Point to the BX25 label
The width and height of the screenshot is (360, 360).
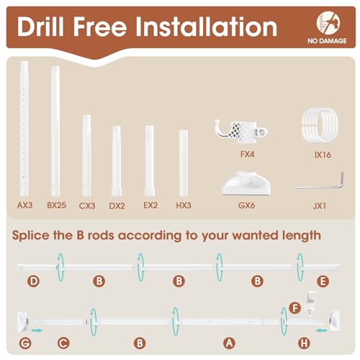(55, 205)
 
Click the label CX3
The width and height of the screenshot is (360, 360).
(86, 205)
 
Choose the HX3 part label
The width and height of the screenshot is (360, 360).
(184, 205)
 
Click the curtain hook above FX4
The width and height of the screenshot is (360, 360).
(242, 130)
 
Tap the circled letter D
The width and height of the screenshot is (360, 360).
(32, 281)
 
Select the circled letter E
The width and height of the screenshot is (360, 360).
(322, 281)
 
